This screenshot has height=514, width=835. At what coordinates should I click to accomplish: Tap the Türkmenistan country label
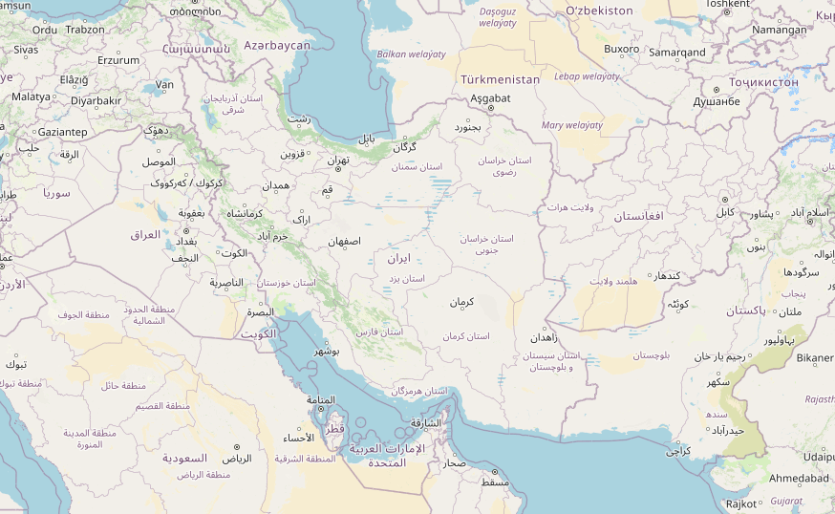(500, 79)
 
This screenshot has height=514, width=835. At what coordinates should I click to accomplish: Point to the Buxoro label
(622, 49)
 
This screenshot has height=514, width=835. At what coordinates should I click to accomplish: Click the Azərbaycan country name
(277, 45)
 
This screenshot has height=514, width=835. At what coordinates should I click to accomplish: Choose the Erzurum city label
(118, 59)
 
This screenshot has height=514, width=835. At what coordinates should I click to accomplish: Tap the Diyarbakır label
(96, 100)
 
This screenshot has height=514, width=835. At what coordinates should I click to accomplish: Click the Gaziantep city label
(63, 132)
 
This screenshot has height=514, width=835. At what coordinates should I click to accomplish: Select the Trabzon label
(85, 30)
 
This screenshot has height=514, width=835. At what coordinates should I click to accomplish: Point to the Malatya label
(31, 96)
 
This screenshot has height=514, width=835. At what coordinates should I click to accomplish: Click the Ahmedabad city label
(799, 478)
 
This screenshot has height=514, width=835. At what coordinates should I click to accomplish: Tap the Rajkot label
(741, 503)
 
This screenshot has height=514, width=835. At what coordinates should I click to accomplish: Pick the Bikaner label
(815, 358)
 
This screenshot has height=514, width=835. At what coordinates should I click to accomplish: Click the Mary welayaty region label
(571, 125)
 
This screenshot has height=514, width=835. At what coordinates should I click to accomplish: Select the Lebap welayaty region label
(587, 76)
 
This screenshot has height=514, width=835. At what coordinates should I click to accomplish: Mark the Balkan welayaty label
(411, 54)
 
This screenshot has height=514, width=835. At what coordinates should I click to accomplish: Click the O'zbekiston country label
(599, 11)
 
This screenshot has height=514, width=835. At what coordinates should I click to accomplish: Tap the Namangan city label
(779, 30)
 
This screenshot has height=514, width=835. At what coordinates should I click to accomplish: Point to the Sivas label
(26, 49)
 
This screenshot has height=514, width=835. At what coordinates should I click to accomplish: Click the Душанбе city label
(717, 101)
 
